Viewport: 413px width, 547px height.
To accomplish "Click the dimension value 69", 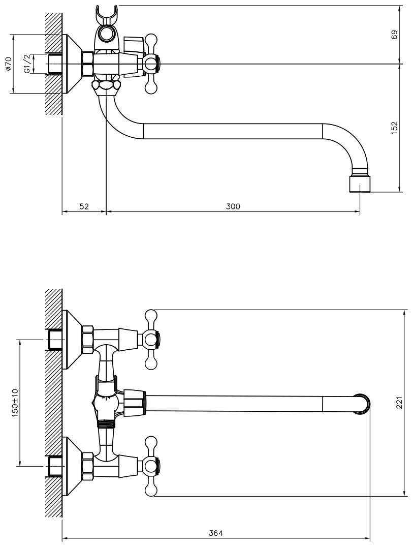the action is click(394, 35).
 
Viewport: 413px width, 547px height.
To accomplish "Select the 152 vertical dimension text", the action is click(394, 128).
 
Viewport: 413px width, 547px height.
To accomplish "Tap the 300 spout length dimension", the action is click(233, 206).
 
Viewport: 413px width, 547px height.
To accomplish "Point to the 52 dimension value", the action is click(84, 206).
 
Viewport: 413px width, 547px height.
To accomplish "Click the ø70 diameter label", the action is click(9, 64).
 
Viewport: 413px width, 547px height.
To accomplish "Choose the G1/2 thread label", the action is click(27, 64).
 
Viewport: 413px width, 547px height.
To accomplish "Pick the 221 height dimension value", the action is click(400, 403).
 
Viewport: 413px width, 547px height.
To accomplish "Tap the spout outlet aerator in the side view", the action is click(359, 184).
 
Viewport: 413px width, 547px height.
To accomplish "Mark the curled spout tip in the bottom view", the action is click(363, 404).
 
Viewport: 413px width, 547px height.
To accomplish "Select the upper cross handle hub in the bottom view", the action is click(151, 339).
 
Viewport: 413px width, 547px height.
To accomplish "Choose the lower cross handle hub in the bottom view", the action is click(151, 465).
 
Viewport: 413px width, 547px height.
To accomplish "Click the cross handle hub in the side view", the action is click(151, 64).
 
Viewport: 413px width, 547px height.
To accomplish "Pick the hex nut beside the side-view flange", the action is click(87, 64).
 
